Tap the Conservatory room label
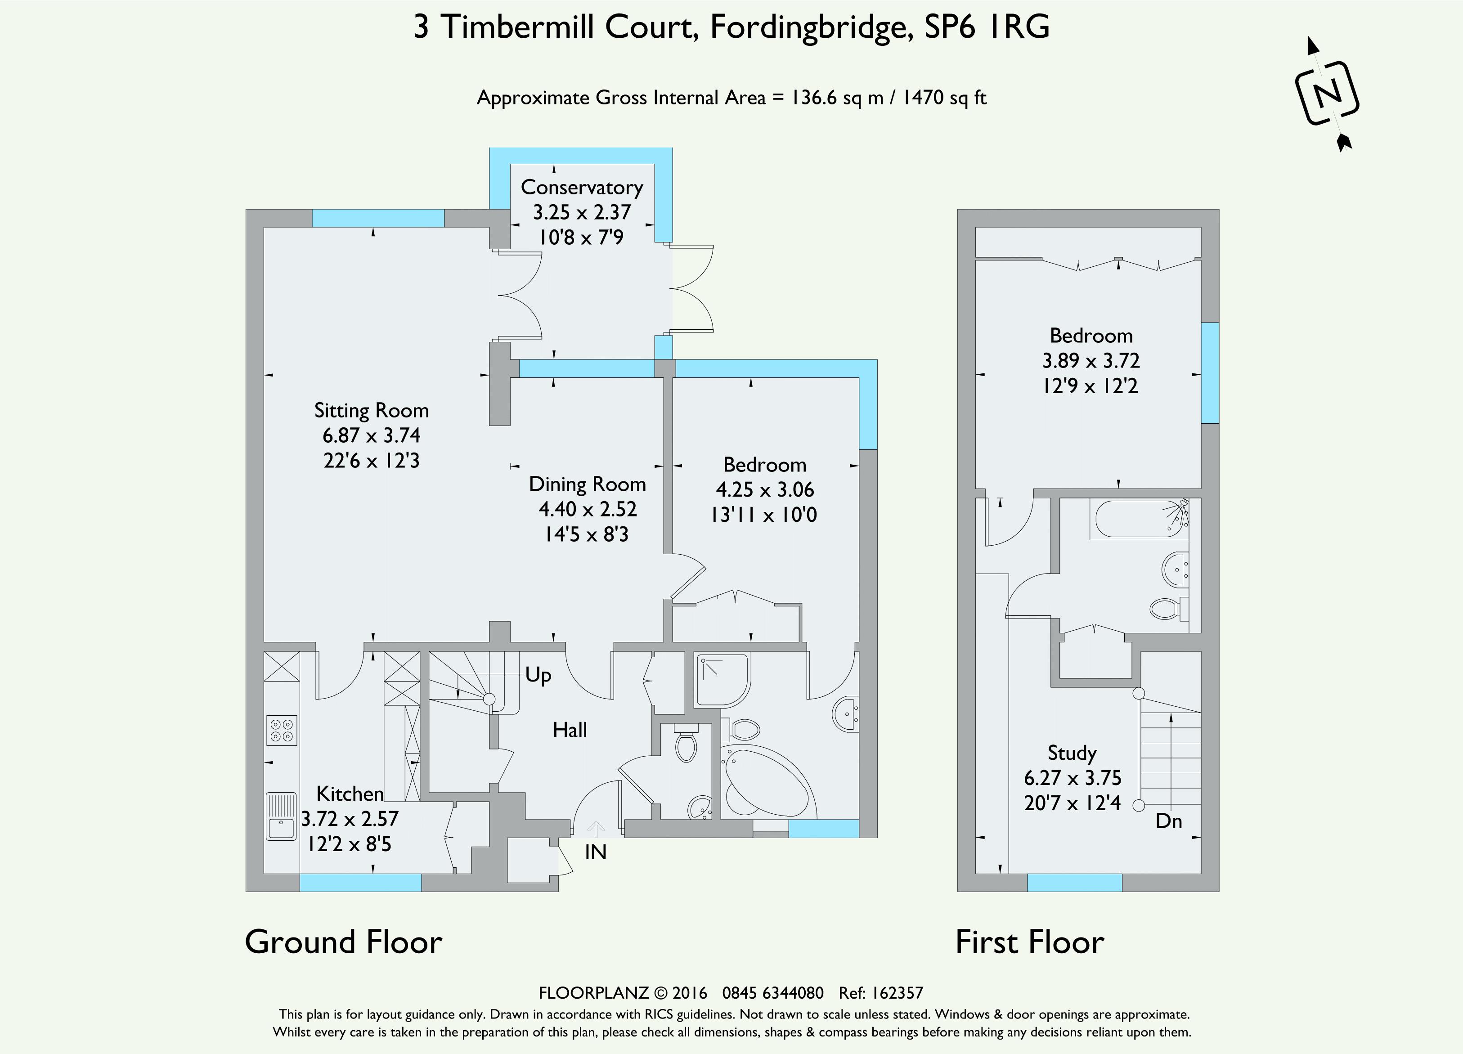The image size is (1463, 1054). (x=582, y=188)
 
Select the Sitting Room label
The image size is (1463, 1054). (x=372, y=410)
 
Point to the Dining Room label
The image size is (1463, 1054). (x=587, y=484)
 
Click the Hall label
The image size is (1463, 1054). (x=570, y=730)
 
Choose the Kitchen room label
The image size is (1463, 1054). (x=350, y=794)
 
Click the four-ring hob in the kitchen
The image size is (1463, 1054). (x=282, y=730)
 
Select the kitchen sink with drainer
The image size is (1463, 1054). (x=281, y=816)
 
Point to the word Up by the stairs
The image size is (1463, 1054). (x=538, y=675)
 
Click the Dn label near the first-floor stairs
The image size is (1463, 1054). (x=1169, y=821)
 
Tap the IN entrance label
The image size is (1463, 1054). (x=595, y=852)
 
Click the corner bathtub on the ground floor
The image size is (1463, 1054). (x=767, y=783)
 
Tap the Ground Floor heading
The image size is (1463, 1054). (x=344, y=942)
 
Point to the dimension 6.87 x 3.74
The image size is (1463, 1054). (x=372, y=435)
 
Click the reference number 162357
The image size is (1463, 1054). (x=898, y=993)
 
